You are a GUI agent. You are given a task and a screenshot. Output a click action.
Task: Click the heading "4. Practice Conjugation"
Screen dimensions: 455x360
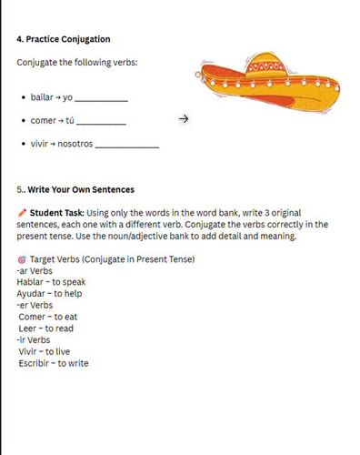64,39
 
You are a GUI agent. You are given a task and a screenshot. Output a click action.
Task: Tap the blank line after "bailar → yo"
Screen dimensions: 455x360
101,98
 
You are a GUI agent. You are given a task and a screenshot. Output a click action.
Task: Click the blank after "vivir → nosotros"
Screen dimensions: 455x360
126,146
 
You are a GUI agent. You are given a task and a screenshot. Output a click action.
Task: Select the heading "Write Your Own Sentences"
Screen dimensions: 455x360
81,190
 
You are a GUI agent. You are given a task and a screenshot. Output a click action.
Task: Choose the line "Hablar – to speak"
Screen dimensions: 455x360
46,282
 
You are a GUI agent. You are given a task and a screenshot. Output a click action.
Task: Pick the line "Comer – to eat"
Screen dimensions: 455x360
48,317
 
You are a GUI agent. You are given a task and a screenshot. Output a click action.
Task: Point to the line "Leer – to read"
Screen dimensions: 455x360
46,329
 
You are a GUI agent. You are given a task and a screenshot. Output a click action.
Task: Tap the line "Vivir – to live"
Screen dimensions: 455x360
45,351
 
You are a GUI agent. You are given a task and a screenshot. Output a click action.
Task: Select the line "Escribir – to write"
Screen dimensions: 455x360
54,363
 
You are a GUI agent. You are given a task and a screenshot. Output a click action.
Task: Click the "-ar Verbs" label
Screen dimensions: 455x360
34,270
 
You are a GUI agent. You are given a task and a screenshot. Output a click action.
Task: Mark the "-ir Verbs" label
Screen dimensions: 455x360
33,339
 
